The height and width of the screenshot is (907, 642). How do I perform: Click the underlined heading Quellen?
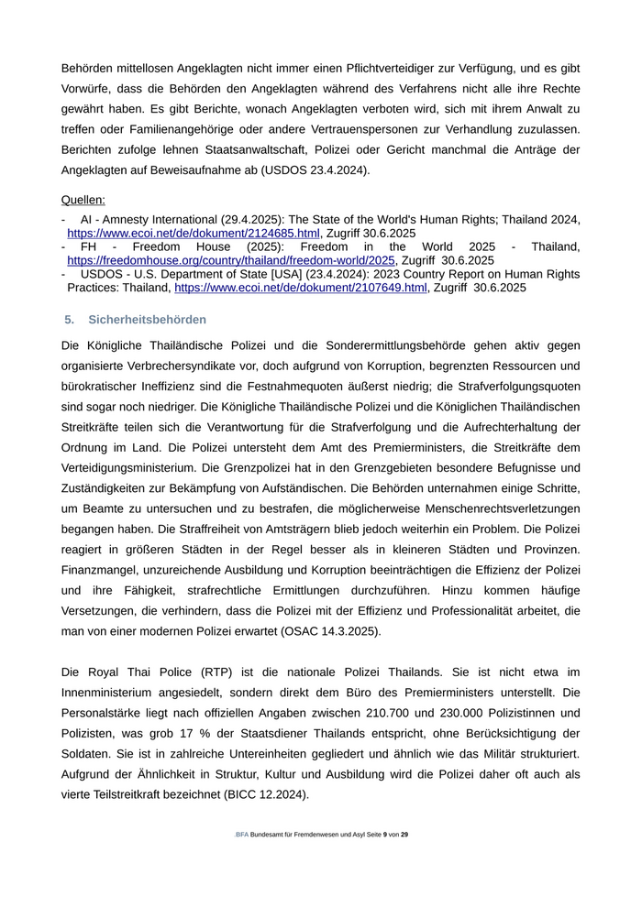(x=83, y=199)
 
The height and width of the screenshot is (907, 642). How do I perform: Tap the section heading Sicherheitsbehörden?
(x=148, y=319)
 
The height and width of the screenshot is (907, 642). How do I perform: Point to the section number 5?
(x=69, y=319)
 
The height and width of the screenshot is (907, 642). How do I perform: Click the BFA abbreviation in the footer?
(x=241, y=860)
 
